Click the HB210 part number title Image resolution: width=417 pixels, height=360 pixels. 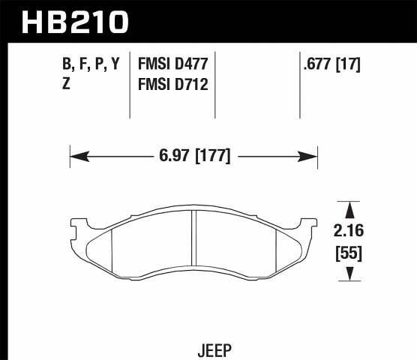(74, 22)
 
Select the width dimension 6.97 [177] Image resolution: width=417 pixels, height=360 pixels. (194, 157)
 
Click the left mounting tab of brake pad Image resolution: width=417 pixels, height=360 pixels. (76, 223)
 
